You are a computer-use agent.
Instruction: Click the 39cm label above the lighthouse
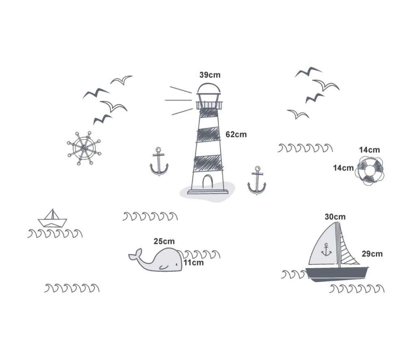click(x=210, y=75)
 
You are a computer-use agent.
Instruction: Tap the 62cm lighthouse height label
click(x=236, y=134)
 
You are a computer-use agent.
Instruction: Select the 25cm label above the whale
click(x=164, y=241)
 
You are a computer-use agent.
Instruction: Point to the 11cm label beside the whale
click(x=194, y=263)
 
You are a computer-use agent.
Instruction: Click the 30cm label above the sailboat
click(x=335, y=217)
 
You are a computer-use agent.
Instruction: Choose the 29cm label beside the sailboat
click(x=372, y=254)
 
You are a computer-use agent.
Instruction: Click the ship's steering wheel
click(x=84, y=148)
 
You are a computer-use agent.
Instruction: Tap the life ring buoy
click(x=370, y=170)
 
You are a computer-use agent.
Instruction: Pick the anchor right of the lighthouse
click(x=257, y=181)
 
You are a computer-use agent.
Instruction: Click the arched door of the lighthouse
click(x=208, y=181)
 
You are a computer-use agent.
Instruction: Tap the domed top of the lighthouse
click(x=209, y=88)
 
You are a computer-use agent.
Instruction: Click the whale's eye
click(x=176, y=264)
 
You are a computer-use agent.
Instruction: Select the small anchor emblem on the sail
click(x=326, y=250)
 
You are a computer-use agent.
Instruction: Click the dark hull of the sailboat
click(x=337, y=274)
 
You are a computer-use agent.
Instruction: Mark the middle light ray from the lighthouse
click(x=178, y=100)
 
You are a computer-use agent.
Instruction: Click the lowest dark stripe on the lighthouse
click(x=208, y=162)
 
